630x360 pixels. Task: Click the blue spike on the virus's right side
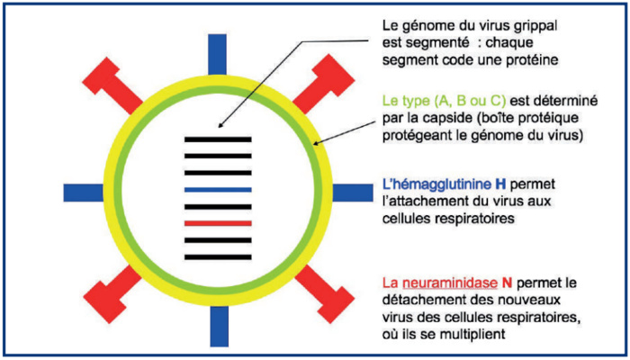pyautogui.click(x=346, y=190)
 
